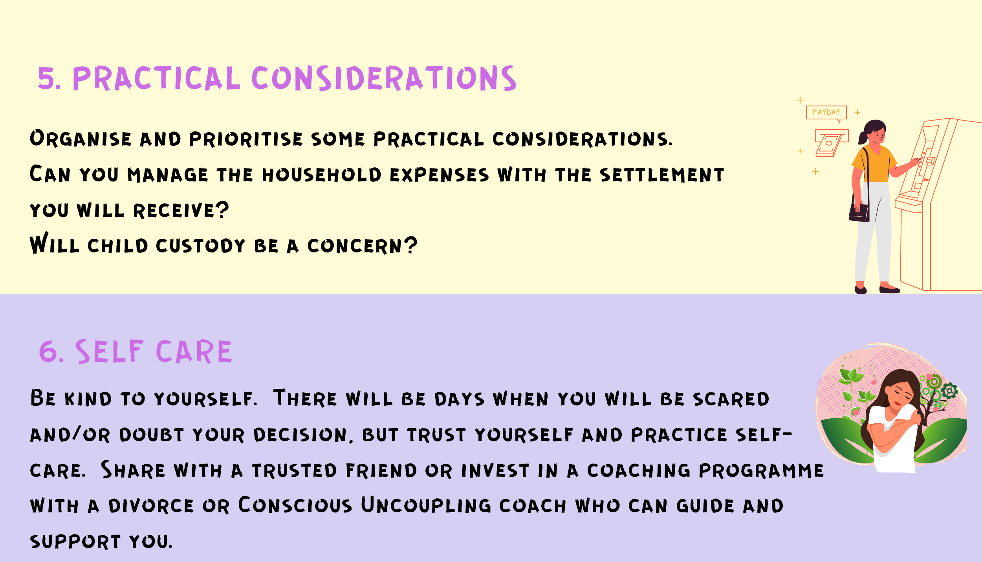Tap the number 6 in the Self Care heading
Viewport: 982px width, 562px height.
tap(49, 351)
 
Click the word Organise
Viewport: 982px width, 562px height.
tap(81, 138)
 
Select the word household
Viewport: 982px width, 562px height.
tap(321, 175)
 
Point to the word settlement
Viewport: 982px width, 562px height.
tap(662, 175)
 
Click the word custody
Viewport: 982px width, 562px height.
tap(200, 246)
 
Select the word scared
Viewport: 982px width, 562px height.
tap(731, 399)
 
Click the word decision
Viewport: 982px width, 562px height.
tap(300, 435)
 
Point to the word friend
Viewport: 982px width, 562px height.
tap(381, 470)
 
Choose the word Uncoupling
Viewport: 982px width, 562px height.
tap(426, 505)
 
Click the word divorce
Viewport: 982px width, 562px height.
tap(151, 506)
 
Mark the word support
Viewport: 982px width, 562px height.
tap(75, 542)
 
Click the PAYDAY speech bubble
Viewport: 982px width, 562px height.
tap(826, 113)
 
